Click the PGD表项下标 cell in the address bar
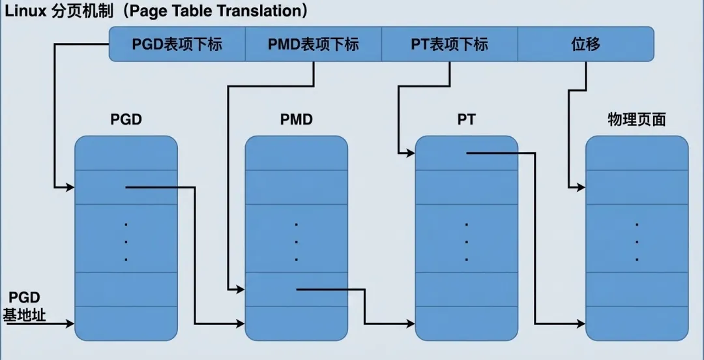[x=177, y=44]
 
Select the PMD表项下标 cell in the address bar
[x=313, y=44]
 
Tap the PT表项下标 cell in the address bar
[x=449, y=44]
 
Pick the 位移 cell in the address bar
[x=585, y=44]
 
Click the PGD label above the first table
[x=126, y=119]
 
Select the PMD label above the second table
[x=296, y=119]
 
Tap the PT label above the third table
[x=466, y=119]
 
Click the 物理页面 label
[x=636, y=120]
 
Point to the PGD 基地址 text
[x=25, y=307]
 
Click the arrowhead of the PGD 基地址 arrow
[x=71, y=323]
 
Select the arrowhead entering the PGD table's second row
[x=71, y=188]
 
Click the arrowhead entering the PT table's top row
[x=411, y=154]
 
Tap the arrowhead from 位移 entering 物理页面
[x=581, y=188]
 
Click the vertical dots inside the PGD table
[x=126, y=242]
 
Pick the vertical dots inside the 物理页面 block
[x=637, y=242]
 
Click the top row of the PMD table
[x=296, y=153]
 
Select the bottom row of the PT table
[x=467, y=323]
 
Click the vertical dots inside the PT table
[x=467, y=242]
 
